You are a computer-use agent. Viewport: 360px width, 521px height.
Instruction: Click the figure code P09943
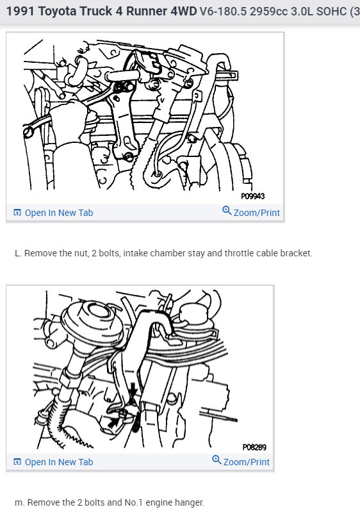point(252,197)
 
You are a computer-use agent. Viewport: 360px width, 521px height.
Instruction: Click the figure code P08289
point(254,447)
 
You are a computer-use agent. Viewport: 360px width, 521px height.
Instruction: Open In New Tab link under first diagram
point(58,213)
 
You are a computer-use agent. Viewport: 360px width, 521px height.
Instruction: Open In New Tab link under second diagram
point(58,462)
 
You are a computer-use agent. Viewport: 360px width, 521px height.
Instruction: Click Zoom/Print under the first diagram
point(256,213)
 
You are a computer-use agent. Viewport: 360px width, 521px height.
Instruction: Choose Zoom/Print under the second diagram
point(246,462)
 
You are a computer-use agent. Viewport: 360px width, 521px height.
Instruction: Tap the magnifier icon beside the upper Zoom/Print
point(227,211)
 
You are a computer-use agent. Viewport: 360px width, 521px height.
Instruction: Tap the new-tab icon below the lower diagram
point(17,462)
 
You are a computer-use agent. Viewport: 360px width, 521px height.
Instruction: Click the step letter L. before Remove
point(18,253)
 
